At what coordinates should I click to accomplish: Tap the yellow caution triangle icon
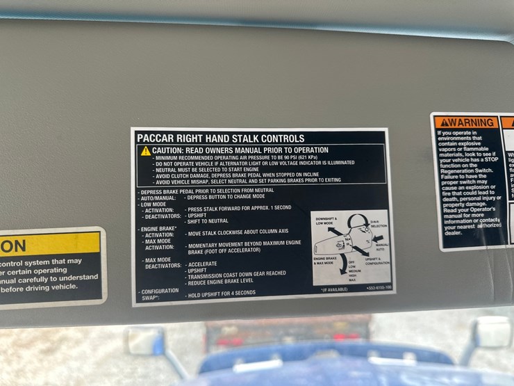pyautogui.click(x=145, y=151)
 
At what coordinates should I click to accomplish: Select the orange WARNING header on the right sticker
pyautogui.click(x=466, y=122)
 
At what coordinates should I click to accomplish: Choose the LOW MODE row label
pyautogui.click(x=154, y=204)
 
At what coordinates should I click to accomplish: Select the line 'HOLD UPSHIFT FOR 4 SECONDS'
pyautogui.click(x=221, y=294)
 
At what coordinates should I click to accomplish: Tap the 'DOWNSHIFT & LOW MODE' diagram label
pyautogui.click(x=326, y=222)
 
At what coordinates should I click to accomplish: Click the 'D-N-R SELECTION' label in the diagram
pyautogui.click(x=379, y=224)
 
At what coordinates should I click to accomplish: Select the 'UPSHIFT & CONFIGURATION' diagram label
pyautogui.click(x=377, y=261)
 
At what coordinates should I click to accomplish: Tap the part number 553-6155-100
pyautogui.click(x=379, y=287)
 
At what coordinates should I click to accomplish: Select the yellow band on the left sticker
pyautogui.click(x=49, y=245)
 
